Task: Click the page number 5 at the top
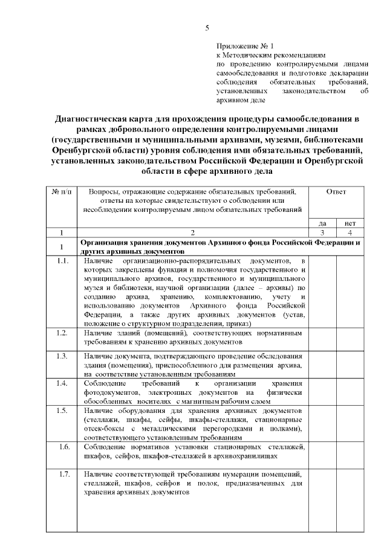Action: tap(207, 28)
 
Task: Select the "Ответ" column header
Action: tap(336, 192)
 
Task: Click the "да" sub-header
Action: tap(322, 223)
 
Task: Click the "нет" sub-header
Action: tap(350, 223)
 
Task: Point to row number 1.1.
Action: tap(62, 260)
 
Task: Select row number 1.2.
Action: tap(62, 333)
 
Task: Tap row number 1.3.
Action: tap(62, 355)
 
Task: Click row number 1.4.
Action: tap(62, 384)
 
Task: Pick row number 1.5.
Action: tap(62, 411)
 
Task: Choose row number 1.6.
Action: tap(64, 447)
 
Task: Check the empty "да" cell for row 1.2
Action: tap(322, 338)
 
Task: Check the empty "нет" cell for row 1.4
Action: tap(350, 392)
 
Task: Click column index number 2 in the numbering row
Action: tap(192, 233)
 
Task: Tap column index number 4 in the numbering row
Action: tap(350, 233)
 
